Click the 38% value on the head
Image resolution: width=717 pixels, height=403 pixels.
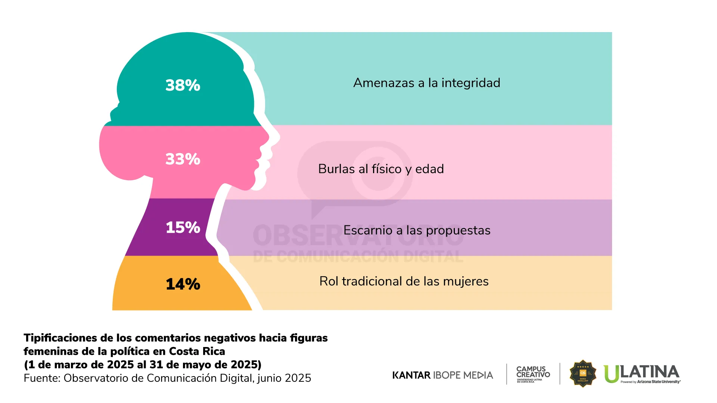[x=183, y=85]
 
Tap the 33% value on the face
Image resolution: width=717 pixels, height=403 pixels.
[x=183, y=159]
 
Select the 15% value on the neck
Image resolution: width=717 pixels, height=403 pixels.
[x=183, y=228]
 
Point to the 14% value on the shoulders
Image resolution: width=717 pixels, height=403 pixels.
[x=183, y=284]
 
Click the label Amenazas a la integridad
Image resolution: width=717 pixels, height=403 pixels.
[x=426, y=83]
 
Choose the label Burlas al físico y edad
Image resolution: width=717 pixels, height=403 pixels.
[x=381, y=169]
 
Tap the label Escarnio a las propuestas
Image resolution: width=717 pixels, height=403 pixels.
[x=417, y=231]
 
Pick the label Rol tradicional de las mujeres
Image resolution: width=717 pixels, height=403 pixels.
[x=404, y=281]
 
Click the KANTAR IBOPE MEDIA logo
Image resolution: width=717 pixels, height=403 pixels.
[x=443, y=375]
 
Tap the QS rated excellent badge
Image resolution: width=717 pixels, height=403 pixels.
[x=583, y=374]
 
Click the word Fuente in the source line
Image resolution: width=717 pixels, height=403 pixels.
[x=41, y=378]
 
